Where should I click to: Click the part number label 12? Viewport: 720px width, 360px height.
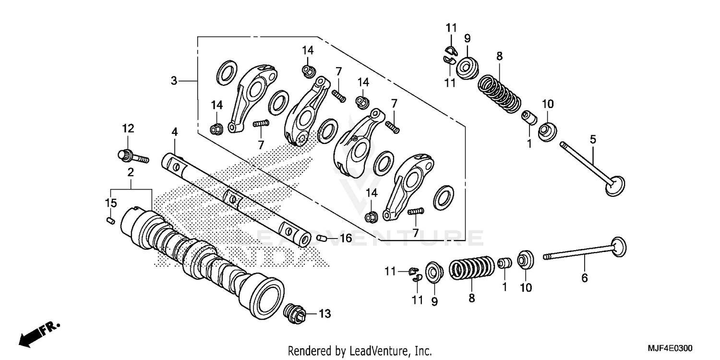(x=128, y=129)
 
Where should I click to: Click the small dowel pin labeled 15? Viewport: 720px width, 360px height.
(x=109, y=220)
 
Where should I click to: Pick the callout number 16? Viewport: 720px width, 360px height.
(x=346, y=239)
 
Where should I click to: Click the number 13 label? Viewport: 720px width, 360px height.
(x=325, y=314)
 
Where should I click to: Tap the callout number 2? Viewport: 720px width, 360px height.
(x=130, y=172)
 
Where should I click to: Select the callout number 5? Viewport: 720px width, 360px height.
(x=593, y=140)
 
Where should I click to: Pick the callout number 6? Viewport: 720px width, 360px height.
(x=585, y=278)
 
